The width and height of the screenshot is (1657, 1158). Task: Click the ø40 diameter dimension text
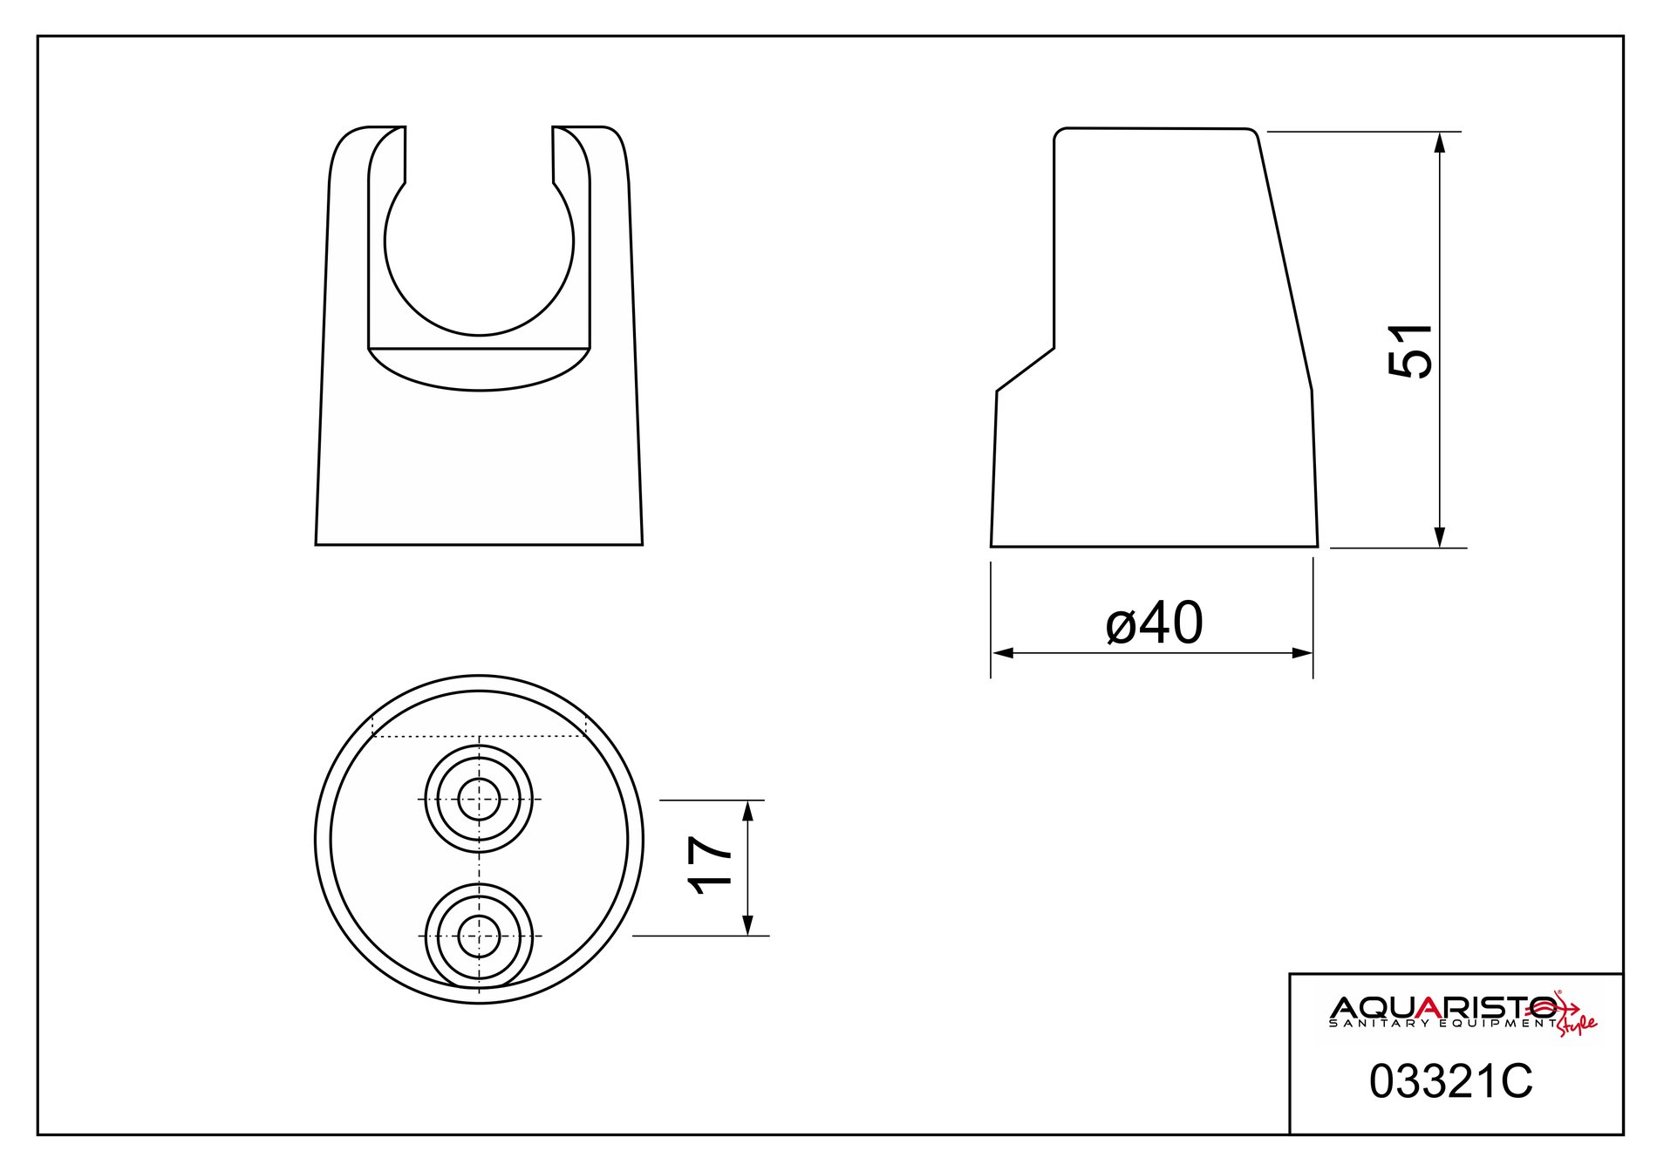pos(1154,624)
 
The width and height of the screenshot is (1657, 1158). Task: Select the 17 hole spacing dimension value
pos(709,866)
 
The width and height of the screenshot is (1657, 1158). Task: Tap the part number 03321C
pos(1450,1081)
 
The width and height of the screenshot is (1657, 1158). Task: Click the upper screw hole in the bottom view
pos(479,800)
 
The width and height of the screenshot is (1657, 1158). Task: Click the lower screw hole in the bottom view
pos(479,936)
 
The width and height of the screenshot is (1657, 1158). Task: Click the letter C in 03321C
pos(1517,1081)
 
